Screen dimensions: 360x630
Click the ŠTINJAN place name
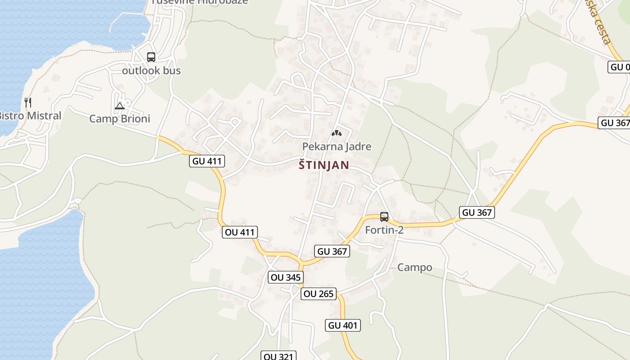324,165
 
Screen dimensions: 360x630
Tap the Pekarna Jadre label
337,146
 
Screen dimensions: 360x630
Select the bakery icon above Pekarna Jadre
336,133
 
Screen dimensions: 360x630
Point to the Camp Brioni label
120,118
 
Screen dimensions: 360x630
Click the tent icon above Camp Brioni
119,106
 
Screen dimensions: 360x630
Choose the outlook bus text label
152,71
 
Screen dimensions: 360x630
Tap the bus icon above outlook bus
151,57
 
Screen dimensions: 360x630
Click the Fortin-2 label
384,230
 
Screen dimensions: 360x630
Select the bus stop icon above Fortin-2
384,217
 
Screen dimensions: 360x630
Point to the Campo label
414,267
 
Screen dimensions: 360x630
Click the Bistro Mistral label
30,116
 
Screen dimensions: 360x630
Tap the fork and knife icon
28,103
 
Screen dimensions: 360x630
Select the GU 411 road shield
207,161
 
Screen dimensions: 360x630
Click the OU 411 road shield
240,232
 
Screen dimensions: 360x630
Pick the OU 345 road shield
285,277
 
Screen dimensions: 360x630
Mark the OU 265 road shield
319,294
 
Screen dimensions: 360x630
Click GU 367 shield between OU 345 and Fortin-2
332,252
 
